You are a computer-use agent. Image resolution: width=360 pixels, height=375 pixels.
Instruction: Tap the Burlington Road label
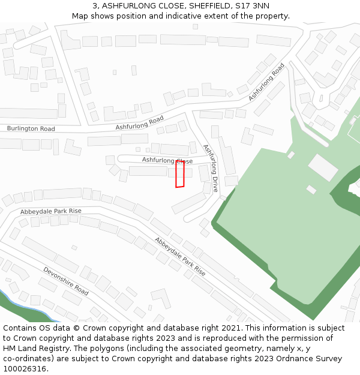point(31,129)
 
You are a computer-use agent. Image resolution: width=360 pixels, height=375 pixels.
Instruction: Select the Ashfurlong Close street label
point(167,161)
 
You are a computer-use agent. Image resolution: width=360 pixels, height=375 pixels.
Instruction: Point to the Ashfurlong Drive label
point(211,167)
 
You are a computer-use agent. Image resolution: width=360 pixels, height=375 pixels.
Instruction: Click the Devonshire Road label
point(65,281)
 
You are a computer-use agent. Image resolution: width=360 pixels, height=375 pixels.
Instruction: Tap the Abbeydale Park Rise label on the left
point(50,211)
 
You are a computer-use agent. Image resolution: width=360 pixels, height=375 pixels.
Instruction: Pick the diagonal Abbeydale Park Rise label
point(180,256)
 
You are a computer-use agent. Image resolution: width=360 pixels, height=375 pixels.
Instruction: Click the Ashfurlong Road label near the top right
point(266,82)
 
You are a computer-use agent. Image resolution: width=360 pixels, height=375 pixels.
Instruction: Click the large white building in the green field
point(323,167)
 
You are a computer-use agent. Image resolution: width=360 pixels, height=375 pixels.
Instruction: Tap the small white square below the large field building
point(311,190)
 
